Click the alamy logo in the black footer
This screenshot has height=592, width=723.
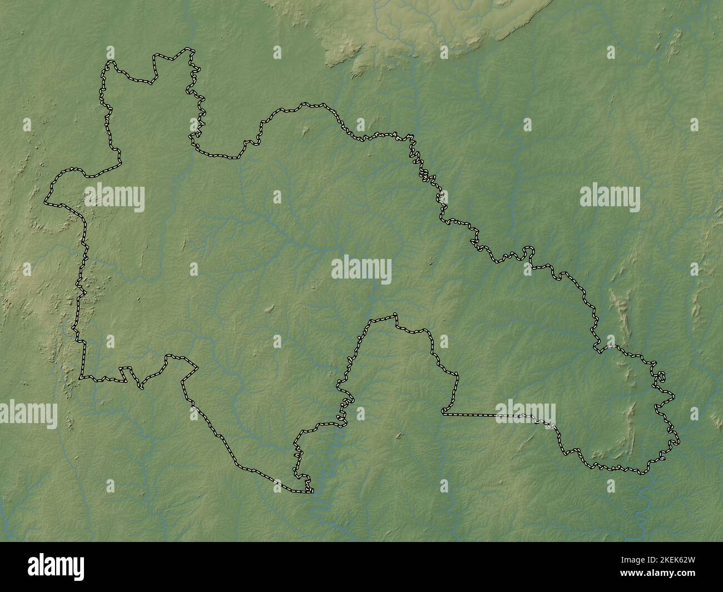click(x=57, y=566)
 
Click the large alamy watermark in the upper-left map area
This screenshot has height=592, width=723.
click(x=115, y=198)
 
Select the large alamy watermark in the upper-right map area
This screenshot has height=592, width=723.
click(x=610, y=198)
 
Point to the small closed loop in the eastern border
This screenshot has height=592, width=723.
click(x=661, y=377)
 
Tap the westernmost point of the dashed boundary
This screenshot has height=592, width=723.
click(x=46, y=200)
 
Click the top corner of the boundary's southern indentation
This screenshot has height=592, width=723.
click(x=395, y=316)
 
